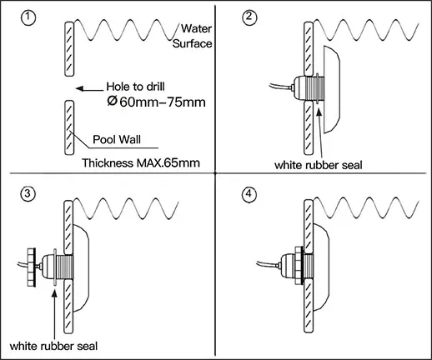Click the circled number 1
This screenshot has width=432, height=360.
(x=28, y=18)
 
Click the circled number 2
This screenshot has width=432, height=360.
(x=249, y=17)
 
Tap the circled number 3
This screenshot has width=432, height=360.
(x=28, y=193)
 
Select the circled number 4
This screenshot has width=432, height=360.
(x=249, y=194)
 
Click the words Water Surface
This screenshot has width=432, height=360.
(x=193, y=36)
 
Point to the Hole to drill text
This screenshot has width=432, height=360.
(x=135, y=87)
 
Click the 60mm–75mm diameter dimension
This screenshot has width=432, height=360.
(x=157, y=102)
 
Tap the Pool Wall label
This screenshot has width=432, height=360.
(x=117, y=139)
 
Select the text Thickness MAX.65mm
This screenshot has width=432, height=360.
(x=141, y=162)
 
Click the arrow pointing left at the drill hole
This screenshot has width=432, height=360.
(x=89, y=89)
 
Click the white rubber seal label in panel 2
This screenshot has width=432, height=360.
(x=319, y=165)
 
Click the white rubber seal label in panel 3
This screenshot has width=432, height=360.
(x=53, y=346)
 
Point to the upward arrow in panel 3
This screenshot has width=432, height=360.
(x=55, y=314)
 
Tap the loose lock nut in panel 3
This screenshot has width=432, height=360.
(x=31, y=267)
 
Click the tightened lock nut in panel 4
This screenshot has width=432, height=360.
(x=299, y=265)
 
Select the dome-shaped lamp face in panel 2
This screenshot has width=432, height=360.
(x=332, y=90)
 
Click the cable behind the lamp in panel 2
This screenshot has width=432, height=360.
(x=280, y=86)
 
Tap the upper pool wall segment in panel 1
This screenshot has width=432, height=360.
(x=69, y=49)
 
